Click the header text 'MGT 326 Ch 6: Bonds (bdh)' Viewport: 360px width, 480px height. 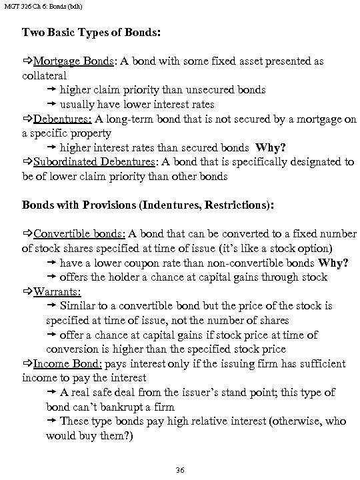pyautogui.click(x=42, y=6)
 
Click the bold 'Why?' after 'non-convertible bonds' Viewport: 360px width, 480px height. pyautogui.click(x=333, y=263)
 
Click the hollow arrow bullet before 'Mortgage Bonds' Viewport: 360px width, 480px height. pyautogui.click(x=27, y=61)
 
